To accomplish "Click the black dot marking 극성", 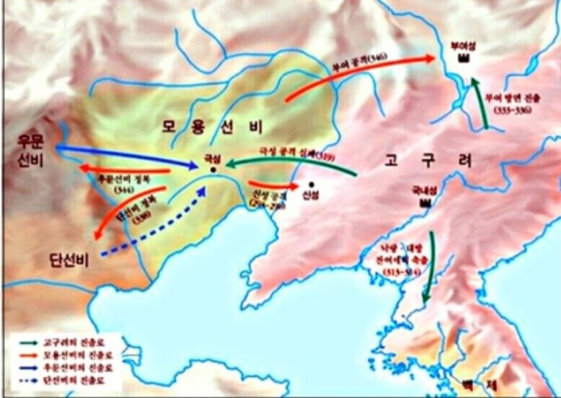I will pos(213,169).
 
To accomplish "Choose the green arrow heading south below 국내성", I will pos(430,267).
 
